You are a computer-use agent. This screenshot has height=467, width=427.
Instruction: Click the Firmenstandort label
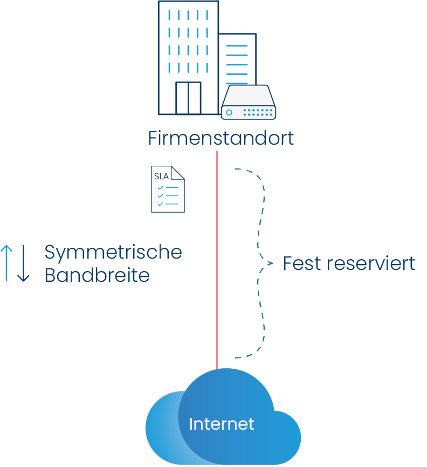221,138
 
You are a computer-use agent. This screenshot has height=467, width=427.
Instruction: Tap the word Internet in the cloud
222,424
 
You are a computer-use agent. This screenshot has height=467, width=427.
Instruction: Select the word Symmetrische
113,252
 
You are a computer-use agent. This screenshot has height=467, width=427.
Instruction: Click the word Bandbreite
97,275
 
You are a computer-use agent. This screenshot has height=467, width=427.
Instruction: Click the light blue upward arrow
6,263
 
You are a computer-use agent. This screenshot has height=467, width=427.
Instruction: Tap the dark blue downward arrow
23,263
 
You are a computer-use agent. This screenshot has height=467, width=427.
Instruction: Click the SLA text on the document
161,177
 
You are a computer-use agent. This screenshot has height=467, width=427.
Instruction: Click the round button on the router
229,112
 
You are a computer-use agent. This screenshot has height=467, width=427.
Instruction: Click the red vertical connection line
217,259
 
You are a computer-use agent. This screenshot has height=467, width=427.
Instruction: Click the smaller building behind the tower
237,59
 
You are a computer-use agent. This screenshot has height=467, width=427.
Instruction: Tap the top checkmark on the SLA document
160,187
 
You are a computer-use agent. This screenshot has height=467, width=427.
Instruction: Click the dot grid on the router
258,112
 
